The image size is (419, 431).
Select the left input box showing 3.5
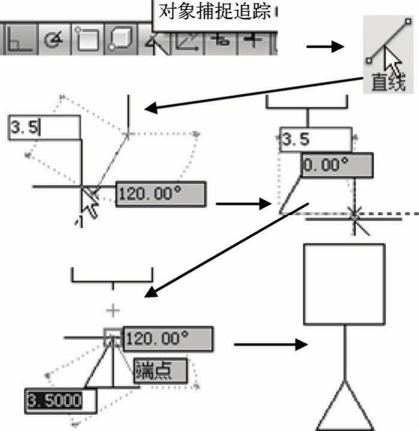[44, 128]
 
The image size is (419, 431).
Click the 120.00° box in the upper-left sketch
[160, 194]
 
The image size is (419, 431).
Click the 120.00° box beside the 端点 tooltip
[167, 339]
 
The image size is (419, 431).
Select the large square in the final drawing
[344, 283]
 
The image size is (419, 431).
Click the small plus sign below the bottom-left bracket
[113, 309]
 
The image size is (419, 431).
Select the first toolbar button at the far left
[18, 41]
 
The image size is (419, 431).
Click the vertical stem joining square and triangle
[344, 351]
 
